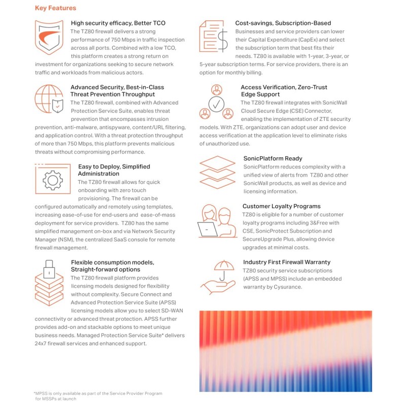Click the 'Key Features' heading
coord(55,8)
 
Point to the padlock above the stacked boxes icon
coord(49,269)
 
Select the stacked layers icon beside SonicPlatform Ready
coord(217,173)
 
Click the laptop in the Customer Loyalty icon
coord(208,230)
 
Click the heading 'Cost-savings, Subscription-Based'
coord(283,23)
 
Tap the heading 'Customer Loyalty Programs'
coord(281,207)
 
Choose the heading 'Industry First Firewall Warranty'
coord(286,262)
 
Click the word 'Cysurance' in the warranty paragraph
coord(287,287)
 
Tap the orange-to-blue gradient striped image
coord(285,351)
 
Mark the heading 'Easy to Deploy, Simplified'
coord(114,166)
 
